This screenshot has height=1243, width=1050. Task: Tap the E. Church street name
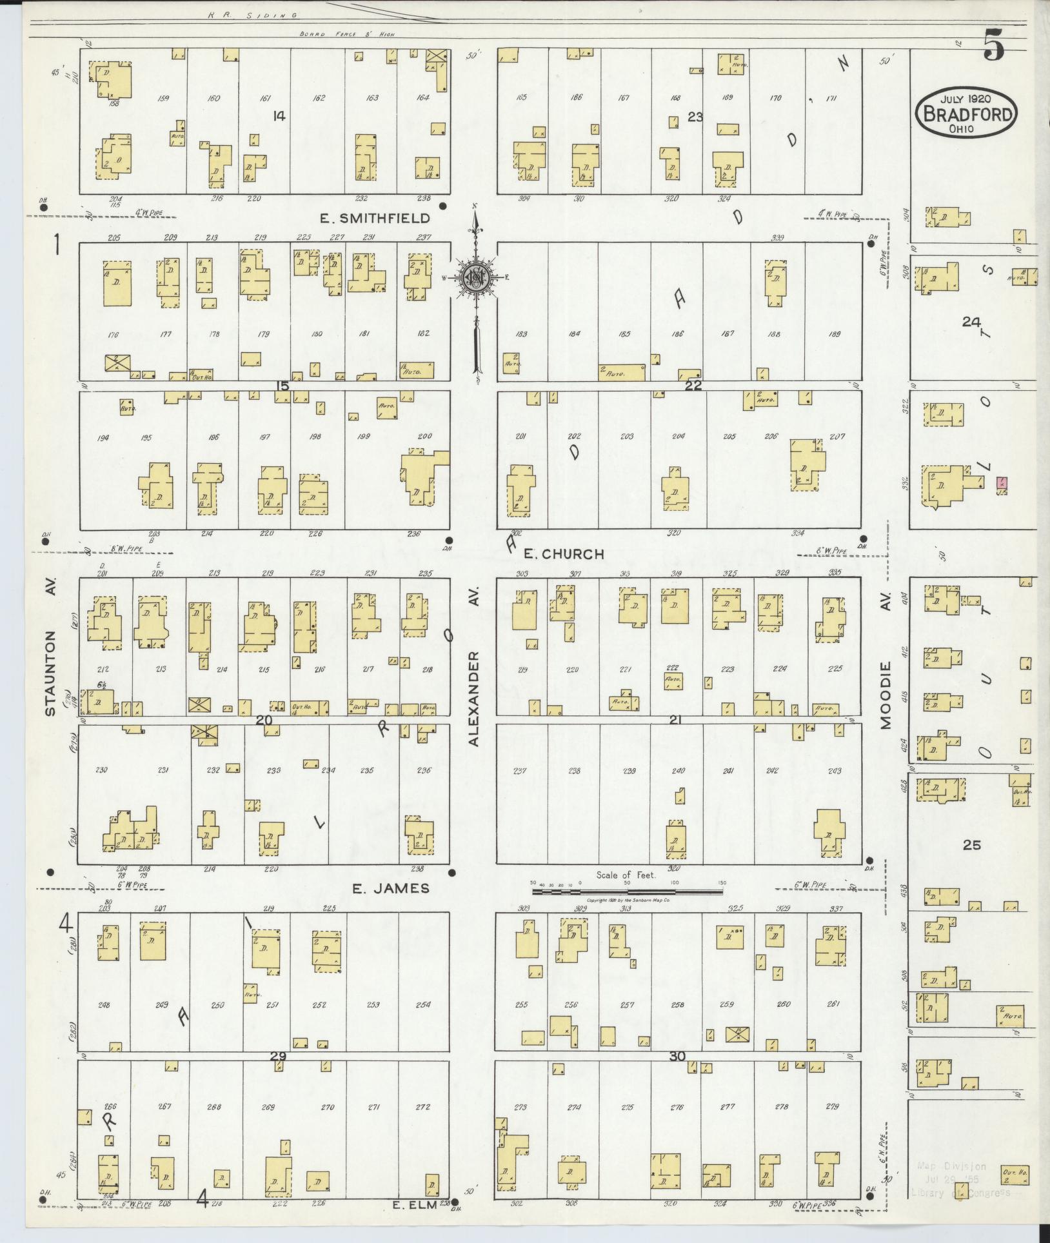click(x=563, y=553)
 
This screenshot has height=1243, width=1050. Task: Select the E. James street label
click(x=390, y=888)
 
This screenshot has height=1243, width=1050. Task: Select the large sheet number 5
click(x=993, y=47)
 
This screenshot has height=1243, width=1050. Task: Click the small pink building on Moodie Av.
click(x=1002, y=482)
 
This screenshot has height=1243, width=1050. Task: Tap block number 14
click(x=279, y=116)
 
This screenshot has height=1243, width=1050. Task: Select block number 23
click(x=695, y=117)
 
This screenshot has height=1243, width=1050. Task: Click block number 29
click(x=278, y=1057)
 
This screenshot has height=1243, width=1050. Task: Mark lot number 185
click(x=624, y=335)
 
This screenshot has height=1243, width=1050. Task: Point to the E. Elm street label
click(x=419, y=1203)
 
